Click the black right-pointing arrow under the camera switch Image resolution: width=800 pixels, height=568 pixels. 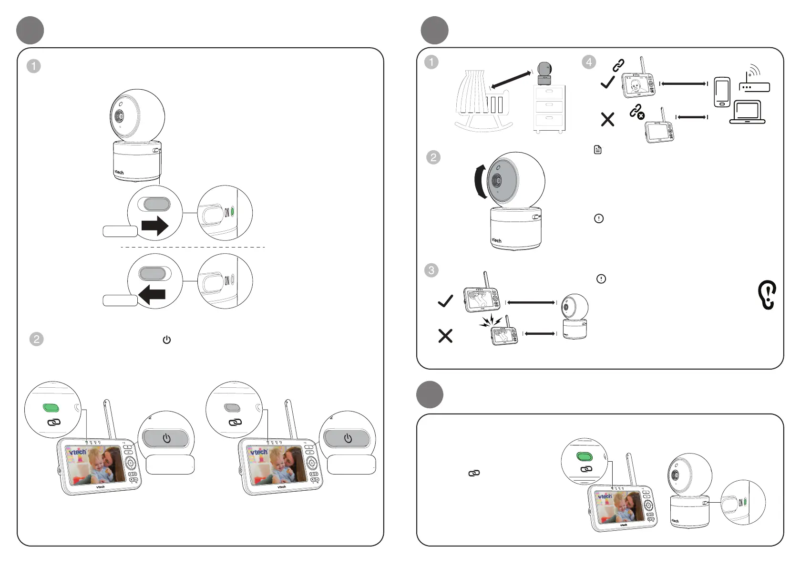(x=155, y=225)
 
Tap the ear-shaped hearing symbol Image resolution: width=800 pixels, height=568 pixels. (x=767, y=295)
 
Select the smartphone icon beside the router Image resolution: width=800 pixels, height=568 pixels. (x=722, y=92)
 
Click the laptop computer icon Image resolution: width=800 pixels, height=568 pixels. (x=747, y=113)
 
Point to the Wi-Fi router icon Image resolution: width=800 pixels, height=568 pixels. (x=754, y=81)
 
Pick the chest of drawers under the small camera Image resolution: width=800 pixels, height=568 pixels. (x=549, y=109)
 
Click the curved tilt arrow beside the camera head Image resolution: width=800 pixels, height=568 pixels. (x=481, y=181)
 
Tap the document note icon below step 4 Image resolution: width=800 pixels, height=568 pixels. (x=598, y=150)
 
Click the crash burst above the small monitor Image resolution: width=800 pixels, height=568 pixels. (x=491, y=321)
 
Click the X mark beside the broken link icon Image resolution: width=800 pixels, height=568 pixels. (x=607, y=119)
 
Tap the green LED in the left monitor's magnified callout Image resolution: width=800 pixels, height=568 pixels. (x=51, y=407)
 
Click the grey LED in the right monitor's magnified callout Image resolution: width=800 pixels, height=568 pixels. (x=232, y=407)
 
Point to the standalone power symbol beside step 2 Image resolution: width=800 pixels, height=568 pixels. (x=166, y=340)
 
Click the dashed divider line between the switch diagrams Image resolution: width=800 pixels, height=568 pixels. (x=193, y=247)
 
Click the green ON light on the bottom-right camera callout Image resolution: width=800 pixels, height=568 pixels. (x=745, y=502)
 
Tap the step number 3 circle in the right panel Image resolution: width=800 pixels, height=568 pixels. (x=431, y=270)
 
